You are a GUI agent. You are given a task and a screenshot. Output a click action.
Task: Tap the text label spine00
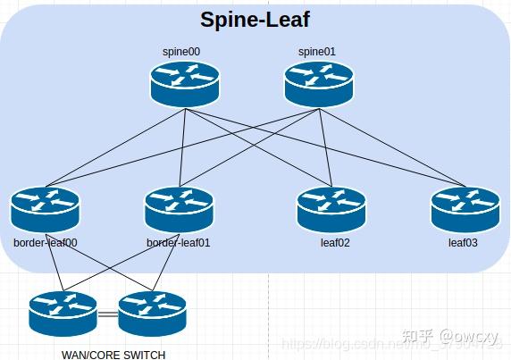[x=181, y=52]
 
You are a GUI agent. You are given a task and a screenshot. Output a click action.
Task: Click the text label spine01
[x=316, y=52]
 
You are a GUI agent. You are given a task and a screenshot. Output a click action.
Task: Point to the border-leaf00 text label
[x=46, y=242]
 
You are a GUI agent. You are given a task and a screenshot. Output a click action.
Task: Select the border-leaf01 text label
[x=180, y=242]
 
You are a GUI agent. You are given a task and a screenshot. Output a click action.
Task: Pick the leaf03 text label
[x=465, y=242]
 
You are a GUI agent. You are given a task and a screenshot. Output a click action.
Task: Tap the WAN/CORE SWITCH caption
[x=113, y=355]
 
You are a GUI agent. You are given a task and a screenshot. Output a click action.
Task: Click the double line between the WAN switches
[x=107, y=314]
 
